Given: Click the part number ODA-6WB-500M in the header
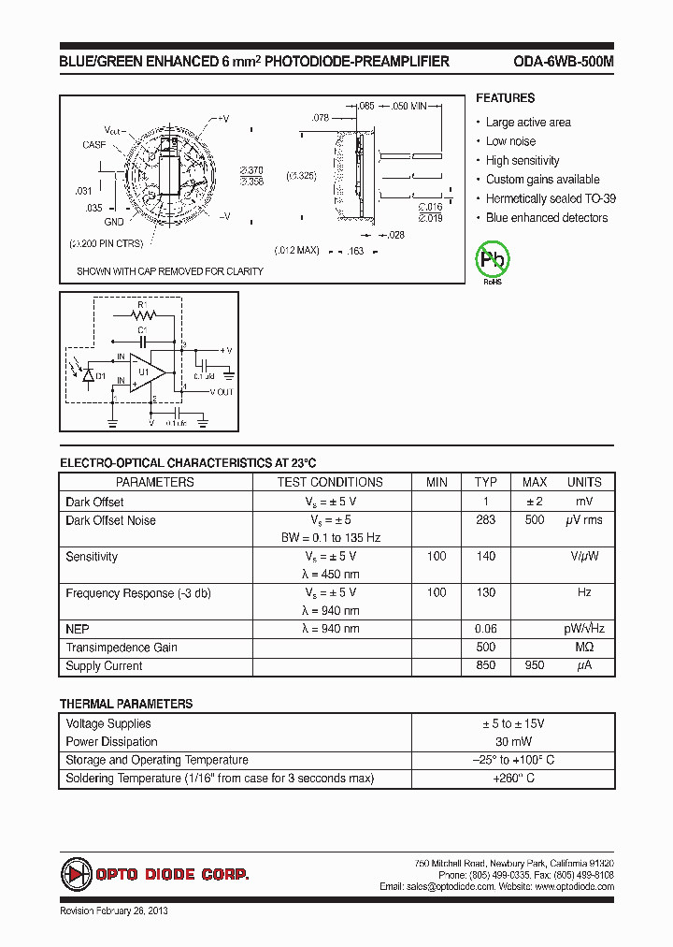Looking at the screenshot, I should [x=564, y=62].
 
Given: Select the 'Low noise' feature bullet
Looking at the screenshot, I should [x=510, y=141].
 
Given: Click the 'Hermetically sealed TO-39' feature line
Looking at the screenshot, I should [x=550, y=198].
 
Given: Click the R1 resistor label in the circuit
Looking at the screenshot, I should [x=142, y=304].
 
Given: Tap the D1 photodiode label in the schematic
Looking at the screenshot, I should [x=101, y=375].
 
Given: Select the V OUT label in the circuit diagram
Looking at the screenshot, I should [x=222, y=392].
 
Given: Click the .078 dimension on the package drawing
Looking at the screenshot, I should [x=320, y=118].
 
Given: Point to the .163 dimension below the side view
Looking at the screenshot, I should [x=355, y=251].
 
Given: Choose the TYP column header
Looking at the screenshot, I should [x=486, y=482].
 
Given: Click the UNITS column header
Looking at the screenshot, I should [x=584, y=482].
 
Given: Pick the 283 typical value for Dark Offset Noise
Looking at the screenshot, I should [x=486, y=520].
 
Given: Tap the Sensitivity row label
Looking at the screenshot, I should [x=92, y=557].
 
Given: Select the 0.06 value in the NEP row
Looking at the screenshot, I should [x=486, y=629].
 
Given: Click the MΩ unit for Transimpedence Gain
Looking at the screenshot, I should [x=584, y=648].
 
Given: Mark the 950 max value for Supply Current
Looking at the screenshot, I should [x=535, y=666].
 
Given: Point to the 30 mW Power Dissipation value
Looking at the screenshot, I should [x=514, y=742].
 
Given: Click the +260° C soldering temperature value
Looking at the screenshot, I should [x=514, y=779].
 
